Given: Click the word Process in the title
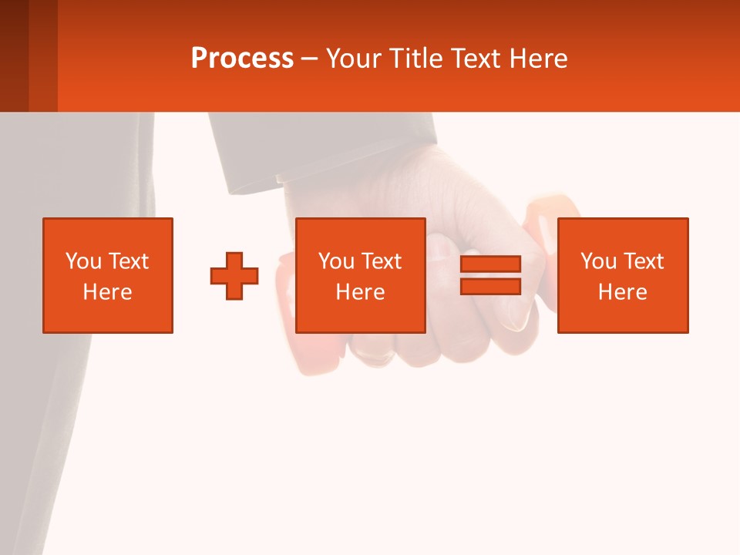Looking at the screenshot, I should tap(242, 59).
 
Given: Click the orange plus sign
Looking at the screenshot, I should tap(234, 276).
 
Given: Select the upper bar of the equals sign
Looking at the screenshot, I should tap(490, 264).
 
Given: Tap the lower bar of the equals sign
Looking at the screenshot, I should tap(490, 286).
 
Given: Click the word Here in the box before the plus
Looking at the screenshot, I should tap(108, 292).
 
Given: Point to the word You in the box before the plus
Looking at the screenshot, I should tap(82, 261).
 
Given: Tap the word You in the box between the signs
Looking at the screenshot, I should tap(335, 261).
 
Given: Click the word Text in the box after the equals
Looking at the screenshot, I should tap(643, 261).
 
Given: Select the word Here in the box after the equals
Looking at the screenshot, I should tap(623, 292).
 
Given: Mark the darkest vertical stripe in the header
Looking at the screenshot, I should tap(14, 55).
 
